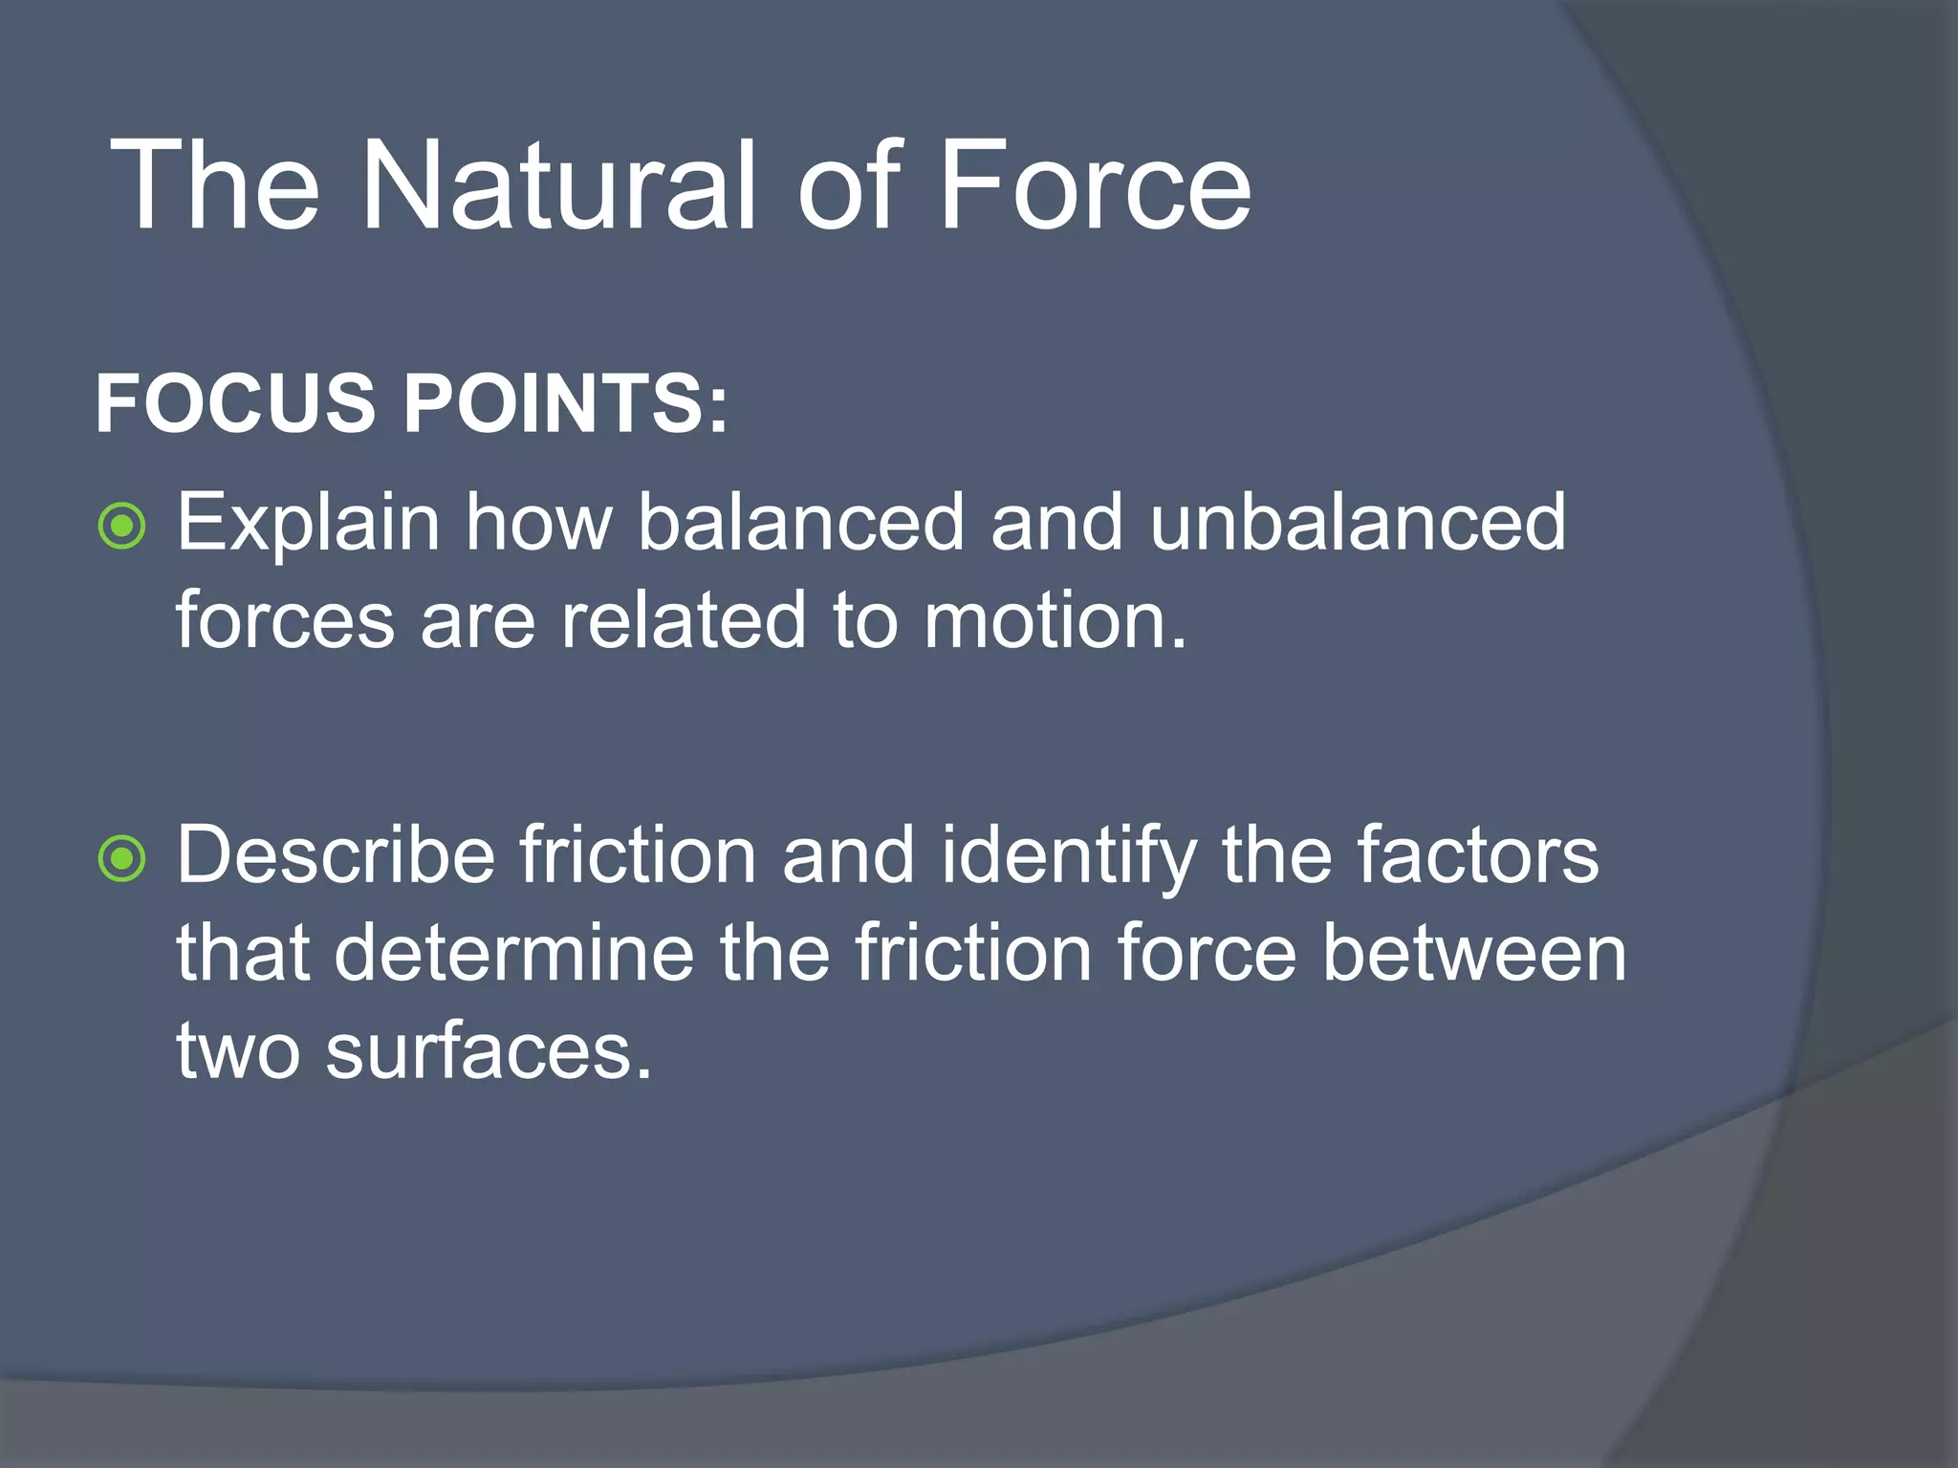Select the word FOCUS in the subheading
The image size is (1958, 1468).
point(235,403)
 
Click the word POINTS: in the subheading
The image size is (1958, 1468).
point(565,403)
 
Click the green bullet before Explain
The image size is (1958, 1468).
point(122,526)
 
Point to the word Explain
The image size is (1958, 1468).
point(308,524)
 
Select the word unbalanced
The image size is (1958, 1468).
point(1358,524)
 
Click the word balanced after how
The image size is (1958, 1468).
point(801,524)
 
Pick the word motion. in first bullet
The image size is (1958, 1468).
point(1055,621)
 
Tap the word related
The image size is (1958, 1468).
point(683,621)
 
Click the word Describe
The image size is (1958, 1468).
point(336,855)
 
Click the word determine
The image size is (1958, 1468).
point(513,953)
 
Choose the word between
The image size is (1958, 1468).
point(1474,953)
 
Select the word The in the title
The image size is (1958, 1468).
point(215,185)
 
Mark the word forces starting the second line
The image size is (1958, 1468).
point(285,621)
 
